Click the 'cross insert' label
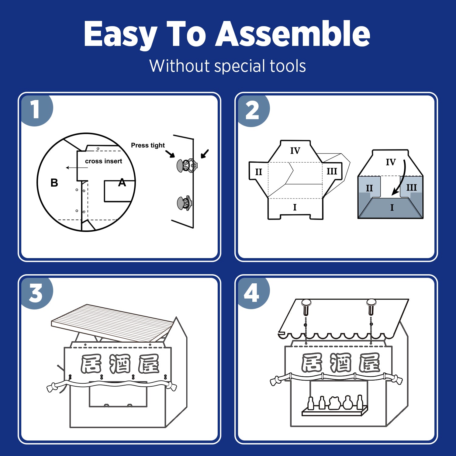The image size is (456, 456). click(103, 161)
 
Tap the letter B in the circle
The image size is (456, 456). click(54, 183)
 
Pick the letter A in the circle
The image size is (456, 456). click(122, 183)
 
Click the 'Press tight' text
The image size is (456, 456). click(148, 145)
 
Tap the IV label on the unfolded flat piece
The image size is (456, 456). click(295, 150)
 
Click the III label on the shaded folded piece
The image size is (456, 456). click(411, 187)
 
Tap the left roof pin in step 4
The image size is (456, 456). click(306, 307)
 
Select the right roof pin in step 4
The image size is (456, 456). click(371, 307)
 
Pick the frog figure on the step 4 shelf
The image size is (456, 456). click(334, 403)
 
